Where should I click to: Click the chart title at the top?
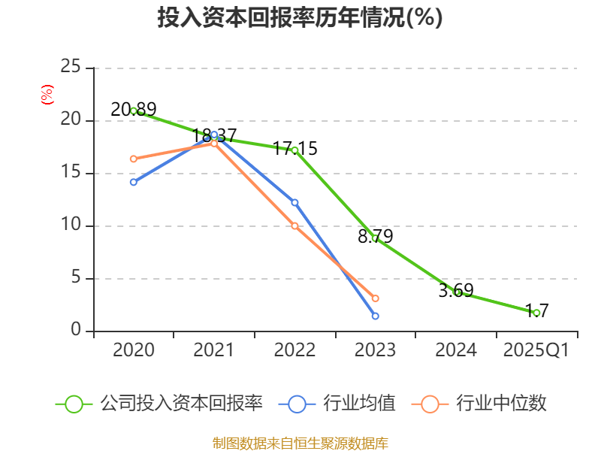300,18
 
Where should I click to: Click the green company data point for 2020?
134,110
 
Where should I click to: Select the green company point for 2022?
294,150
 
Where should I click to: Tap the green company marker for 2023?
375,238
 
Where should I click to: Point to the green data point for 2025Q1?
536,313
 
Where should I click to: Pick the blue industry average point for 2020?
134,182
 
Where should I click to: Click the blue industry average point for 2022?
294,202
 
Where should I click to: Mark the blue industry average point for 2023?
375,316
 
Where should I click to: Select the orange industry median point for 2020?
134,159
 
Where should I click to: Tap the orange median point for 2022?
294,225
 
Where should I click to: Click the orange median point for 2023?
375,298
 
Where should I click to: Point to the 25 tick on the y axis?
71,68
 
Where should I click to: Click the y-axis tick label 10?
71,225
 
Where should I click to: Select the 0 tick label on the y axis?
76,331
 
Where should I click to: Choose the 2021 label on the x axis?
214,350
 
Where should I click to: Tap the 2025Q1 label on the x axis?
536,350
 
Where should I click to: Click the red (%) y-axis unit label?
47,95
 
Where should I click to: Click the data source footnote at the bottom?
300,443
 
